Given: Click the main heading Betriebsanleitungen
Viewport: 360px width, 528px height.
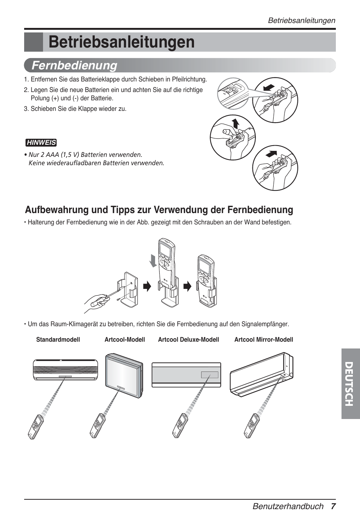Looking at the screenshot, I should click(122, 42).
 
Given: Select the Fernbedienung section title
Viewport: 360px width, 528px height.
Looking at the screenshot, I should click(74, 65).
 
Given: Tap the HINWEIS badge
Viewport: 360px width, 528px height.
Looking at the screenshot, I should click(41, 143).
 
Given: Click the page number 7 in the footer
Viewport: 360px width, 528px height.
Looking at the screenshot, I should click(333, 506).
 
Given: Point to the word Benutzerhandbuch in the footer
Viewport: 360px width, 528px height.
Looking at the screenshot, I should click(288, 506).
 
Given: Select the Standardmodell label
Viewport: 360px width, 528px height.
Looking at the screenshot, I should click(58, 339).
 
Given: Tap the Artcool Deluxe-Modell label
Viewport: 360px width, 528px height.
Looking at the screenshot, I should click(188, 339).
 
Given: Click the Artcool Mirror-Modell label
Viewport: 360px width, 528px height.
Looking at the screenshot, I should click(263, 339).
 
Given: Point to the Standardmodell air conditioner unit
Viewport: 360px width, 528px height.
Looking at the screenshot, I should click(65, 369).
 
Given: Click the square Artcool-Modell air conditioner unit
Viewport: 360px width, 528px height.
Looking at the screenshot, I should click(124, 376).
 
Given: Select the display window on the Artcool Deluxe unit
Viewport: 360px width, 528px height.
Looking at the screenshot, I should click(209, 375).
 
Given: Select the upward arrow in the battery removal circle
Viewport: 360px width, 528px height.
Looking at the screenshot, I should click(235, 123).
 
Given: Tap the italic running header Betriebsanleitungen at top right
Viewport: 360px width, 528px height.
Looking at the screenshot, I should click(301, 20).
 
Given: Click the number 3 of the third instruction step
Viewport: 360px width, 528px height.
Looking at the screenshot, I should click(26, 109).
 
